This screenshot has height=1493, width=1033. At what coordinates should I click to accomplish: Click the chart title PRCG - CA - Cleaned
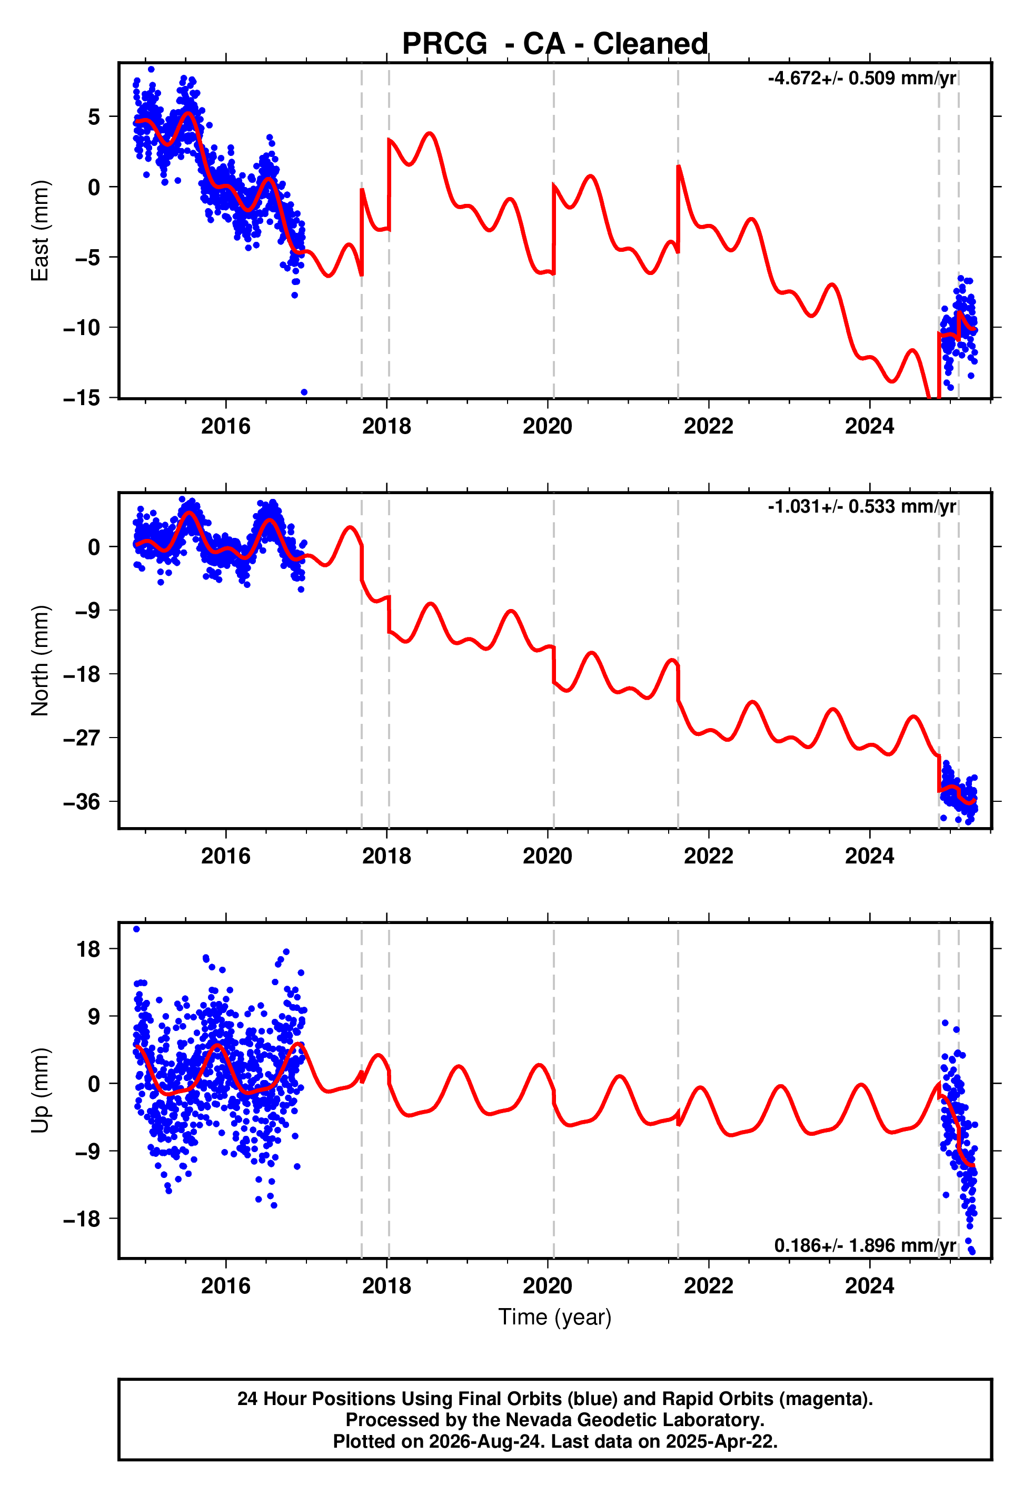click(x=555, y=44)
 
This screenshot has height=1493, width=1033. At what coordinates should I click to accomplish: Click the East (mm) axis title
click(x=40, y=231)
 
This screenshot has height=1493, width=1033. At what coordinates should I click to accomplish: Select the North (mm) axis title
click(x=40, y=661)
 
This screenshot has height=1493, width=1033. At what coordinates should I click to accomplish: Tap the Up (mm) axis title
click(x=40, y=1091)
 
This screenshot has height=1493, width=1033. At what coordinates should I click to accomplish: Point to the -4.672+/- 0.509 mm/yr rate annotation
click(x=861, y=78)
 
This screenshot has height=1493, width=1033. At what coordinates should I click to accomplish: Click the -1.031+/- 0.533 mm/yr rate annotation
click(x=861, y=506)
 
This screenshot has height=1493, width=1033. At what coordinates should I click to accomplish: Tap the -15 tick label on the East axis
click(x=82, y=398)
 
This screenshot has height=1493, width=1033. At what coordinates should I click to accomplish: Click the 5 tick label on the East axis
click(x=94, y=116)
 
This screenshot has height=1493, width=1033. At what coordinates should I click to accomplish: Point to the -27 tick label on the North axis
click(x=82, y=738)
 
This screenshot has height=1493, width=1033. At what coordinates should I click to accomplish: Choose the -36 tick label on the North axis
click(x=82, y=801)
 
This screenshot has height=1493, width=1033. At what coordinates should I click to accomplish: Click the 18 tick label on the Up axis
click(x=88, y=949)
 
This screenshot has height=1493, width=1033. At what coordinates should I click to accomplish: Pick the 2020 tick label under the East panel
click(x=548, y=426)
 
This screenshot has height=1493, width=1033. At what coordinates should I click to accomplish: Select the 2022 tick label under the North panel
click(x=709, y=856)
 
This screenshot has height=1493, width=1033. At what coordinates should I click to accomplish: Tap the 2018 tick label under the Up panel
click(x=386, y=1286)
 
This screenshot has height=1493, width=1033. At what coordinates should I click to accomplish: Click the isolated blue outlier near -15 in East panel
click(x=304, y=392)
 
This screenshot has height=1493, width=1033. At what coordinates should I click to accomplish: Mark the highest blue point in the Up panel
click(x=136, y=929)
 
